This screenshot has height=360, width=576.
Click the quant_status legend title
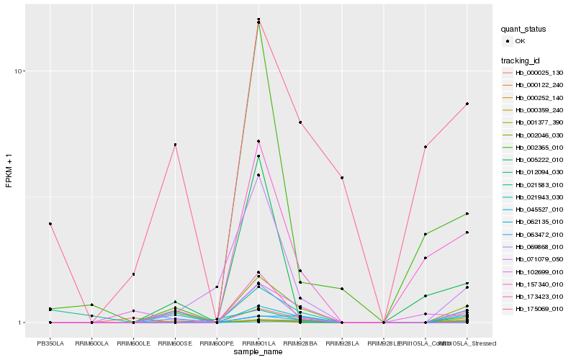(523, 30)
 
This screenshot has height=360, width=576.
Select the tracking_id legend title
(521, 60)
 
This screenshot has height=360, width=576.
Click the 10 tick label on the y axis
(19, 71)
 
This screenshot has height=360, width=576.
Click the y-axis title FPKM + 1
(9, 171)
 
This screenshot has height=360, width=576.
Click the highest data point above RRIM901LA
(258, 19)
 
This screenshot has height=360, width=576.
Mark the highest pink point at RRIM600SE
(175, 145)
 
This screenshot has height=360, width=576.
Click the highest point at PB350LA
(50, 224)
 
